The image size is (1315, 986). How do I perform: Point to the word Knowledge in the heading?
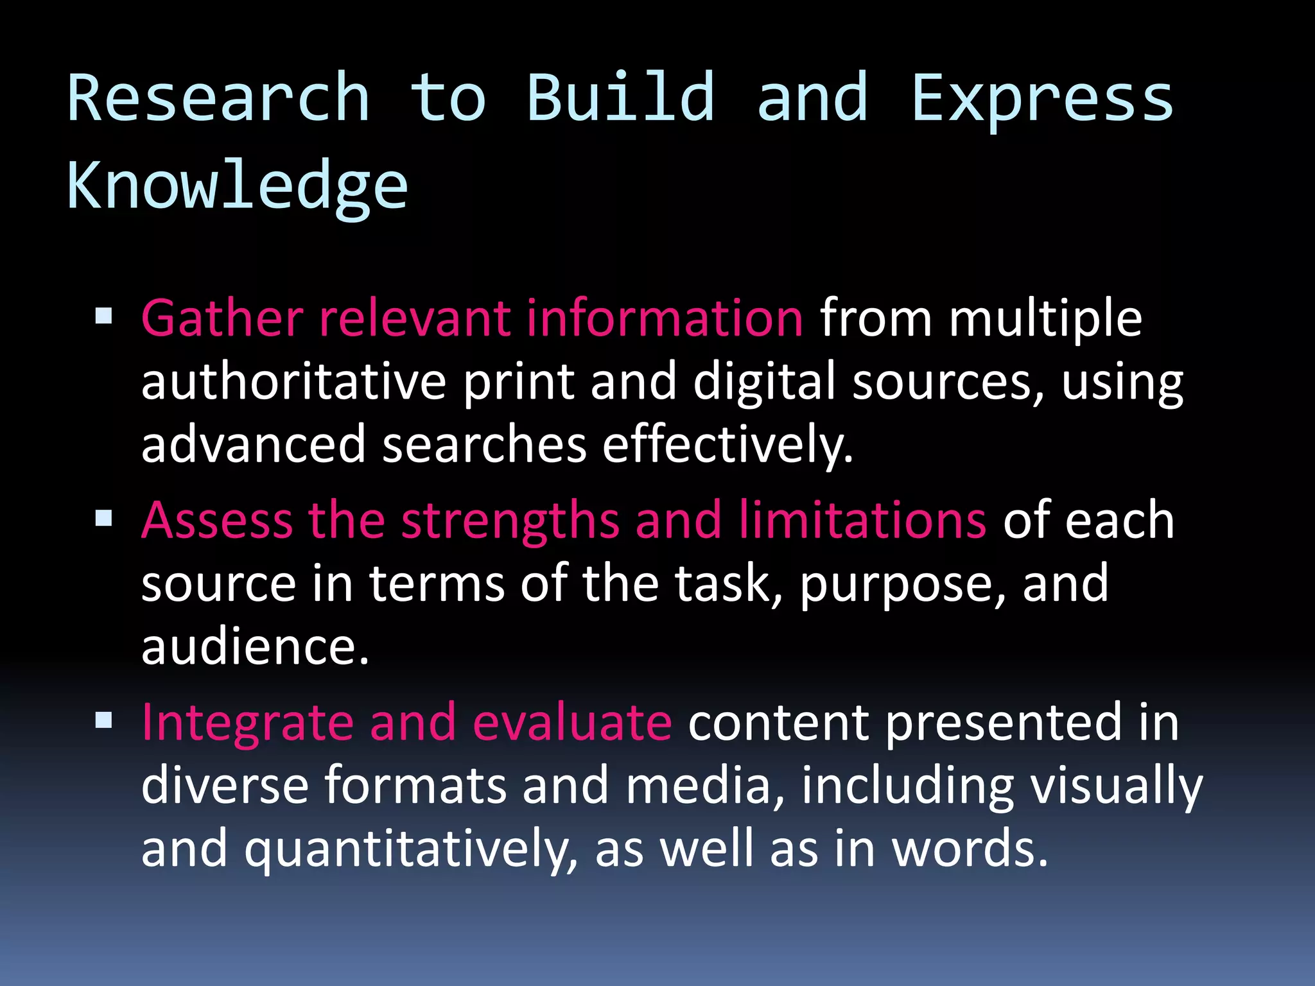coord(238,186)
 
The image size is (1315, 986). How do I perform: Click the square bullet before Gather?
coord(103,316)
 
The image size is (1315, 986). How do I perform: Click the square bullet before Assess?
coord(103,517)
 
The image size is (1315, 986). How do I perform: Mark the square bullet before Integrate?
coord(103,720)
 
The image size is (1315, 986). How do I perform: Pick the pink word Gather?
coord(222,318)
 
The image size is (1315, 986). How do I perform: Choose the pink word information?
coord(664,318)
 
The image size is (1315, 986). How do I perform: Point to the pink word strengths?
coord(510,520)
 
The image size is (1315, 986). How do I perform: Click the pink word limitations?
coord(862,520)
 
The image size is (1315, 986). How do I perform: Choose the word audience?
coord(255,647)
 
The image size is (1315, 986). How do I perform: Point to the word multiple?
coord(1045,318)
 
